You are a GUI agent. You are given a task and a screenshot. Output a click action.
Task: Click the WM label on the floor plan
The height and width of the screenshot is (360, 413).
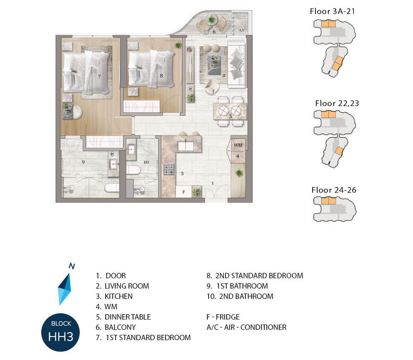pyautogui.click(x=238, y=145)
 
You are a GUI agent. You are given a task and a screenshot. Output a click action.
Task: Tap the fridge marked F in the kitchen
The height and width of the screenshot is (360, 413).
pyautogui.click(x=184, y=192)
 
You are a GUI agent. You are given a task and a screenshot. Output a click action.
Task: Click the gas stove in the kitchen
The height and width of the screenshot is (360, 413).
pyautogui.click(x=169, y=169)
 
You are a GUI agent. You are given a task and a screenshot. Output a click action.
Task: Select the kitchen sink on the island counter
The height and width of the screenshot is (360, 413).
pyautogui.click(x=186, y=146)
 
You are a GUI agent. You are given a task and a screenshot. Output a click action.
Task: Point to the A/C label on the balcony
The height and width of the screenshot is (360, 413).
pyautogui.click(x=242, y=30)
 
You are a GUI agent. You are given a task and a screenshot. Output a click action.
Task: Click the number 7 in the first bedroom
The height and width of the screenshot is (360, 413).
pyautogui.click(x=99, y=76)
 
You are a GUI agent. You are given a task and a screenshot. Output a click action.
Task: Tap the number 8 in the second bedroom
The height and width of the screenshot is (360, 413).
pyautogui.click(x=161, y=76)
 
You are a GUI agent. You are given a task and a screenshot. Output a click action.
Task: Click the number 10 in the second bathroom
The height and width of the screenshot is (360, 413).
pyautogui.click(x=146, y=162)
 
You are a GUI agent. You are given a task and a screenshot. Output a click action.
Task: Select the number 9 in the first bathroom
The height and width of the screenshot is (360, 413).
pyautogui.click(x=83, y=162)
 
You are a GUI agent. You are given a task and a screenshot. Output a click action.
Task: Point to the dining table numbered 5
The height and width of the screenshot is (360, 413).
pyautogui.click(x=230, y=111)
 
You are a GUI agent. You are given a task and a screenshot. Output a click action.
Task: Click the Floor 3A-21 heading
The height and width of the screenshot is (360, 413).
pyautogui.click(x=332, y=11)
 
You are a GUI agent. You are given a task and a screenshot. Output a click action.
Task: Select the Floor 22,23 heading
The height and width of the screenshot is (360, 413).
pyautogui.click(x=337, y=103)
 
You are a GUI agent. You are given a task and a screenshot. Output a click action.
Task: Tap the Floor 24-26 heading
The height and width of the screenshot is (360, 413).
pyautogui.click(x=334, y=190)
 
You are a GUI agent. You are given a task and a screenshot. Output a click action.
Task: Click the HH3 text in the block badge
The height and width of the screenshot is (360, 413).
pyautogui.click(x=61, y=336)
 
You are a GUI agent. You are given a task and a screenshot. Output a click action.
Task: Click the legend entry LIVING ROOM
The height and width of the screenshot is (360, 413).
pyautogui.click(x=127, y=286)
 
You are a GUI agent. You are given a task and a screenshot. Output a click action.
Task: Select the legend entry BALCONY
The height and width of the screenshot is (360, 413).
pyautogui.click(x=120, y=327)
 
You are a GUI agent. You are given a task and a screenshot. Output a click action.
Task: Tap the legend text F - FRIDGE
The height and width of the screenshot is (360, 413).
pyautogui.click(x=223, y=317)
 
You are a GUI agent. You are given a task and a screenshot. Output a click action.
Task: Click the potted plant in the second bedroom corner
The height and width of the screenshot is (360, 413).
pyautogui.click(x=178, y=45)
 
